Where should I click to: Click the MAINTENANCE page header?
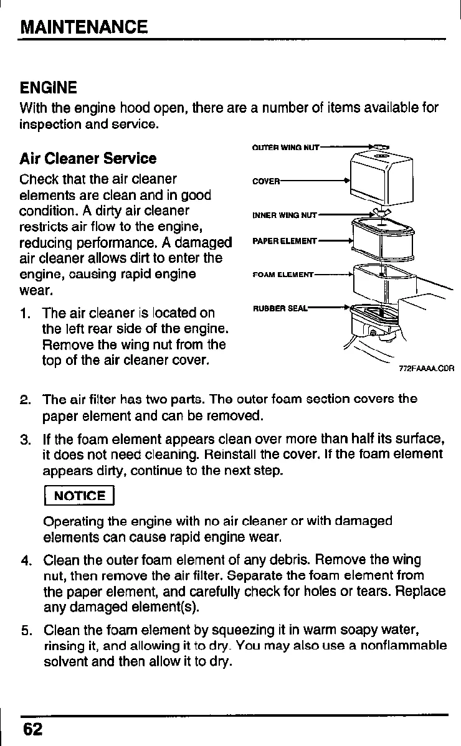click(x=83, y=27)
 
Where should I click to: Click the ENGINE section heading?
click(x=49, y=87)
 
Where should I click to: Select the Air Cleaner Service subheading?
click(x=88, y=158)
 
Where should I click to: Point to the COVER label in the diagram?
click(x=265, y=181)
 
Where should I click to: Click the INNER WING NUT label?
click(x=285, y=216)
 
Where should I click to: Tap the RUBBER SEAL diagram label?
click(x=280, y=308)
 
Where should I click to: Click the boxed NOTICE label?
click(x=78, y=496)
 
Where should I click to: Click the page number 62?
click(x=32, y=729)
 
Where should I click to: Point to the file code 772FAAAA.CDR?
click(x=426, y=368)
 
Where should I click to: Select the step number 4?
click(x=26, y=559)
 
